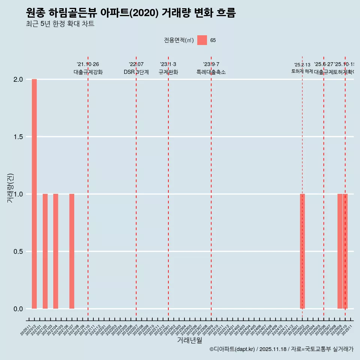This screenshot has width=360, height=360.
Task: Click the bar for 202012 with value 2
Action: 34,194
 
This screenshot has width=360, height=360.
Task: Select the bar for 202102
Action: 45,251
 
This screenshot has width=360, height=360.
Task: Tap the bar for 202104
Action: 55,251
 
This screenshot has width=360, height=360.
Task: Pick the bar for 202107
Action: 72,251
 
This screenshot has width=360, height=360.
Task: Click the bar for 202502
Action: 302,251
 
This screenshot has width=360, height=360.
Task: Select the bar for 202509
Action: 340,251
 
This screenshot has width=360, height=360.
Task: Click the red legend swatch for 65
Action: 202,40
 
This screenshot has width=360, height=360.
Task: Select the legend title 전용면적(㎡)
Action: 178,40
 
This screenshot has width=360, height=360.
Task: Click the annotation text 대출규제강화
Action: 88,72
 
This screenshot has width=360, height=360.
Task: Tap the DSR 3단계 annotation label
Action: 136,72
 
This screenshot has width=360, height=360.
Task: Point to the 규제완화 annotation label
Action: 168,72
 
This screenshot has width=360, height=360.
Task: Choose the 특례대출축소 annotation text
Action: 211,72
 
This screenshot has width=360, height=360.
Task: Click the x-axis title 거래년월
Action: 189,340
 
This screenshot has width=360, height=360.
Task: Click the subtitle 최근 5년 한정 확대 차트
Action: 60,24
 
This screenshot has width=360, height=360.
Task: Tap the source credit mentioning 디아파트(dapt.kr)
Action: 281,349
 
